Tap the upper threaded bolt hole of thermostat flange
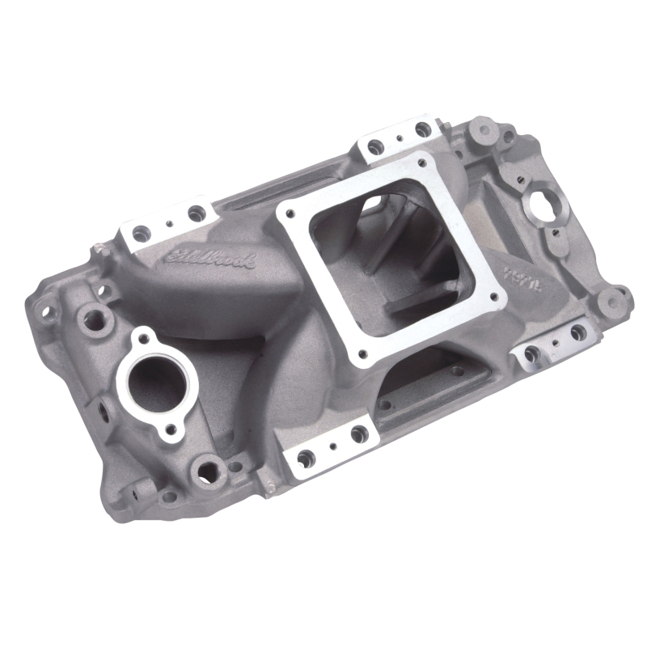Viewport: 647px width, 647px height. click(x=146, y=337)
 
